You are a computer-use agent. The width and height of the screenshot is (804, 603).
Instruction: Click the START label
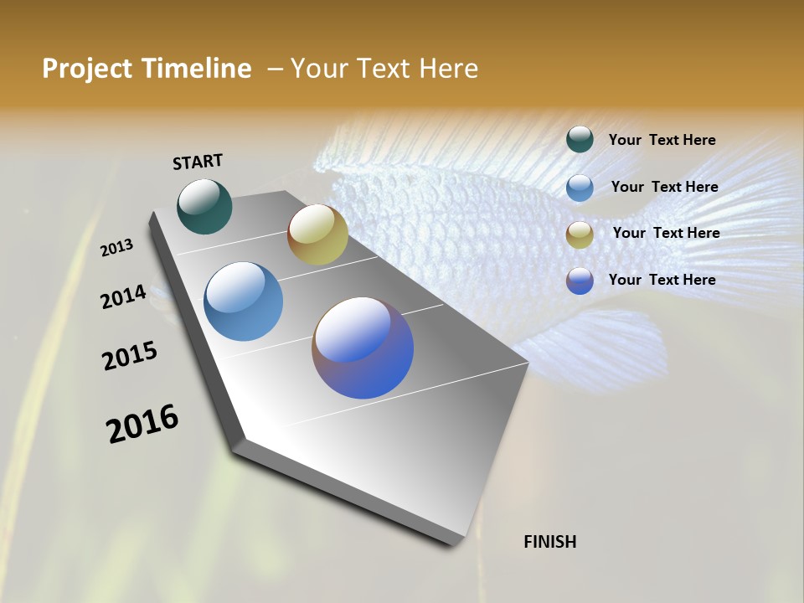click(x=198, y=162)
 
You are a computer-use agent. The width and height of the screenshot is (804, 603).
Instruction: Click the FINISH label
click(x=549, y=542)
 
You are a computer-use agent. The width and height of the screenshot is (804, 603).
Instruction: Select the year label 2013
click(x=116, y=247)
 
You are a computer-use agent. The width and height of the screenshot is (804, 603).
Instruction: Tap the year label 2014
click(x=123, y=297)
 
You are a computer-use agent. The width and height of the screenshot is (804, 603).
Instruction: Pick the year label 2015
click(x=130, y=356)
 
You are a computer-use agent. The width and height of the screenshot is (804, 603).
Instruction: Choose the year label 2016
click(x=142, y=424)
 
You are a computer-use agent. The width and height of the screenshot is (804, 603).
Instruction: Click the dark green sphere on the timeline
click(x=204, y=206)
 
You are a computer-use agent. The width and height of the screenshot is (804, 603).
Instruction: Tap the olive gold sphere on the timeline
click(x=317, y=234)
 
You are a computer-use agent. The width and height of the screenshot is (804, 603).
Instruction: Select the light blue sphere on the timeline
click(x=244, y=301)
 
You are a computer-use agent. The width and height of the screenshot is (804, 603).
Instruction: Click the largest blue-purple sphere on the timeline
click(x=363, y=348)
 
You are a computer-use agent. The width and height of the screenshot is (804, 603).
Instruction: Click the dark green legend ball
click(x=580, y=139)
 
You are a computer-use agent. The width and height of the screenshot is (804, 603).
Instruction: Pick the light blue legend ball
click(x=580, y=187)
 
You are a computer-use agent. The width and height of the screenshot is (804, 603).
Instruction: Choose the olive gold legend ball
click(x=580, y=234)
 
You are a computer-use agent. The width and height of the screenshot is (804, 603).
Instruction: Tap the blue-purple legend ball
click(x=580, y=281)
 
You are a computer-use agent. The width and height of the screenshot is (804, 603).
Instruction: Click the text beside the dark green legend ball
click(x=662, y=141)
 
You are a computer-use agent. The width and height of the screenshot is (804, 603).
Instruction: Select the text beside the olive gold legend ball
click(x=666, y=233)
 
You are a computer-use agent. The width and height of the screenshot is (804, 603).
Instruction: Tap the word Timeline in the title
click(x=198, y=69)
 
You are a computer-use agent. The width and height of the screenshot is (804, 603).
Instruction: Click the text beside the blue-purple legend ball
click(x=662, y=280)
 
